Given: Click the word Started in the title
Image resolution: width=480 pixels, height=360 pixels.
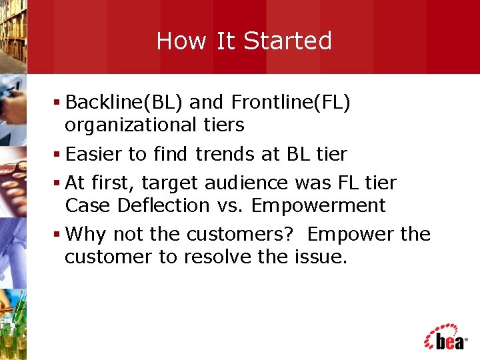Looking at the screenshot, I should pos(287,41).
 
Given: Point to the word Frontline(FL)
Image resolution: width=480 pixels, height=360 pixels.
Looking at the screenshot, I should pos(291,103).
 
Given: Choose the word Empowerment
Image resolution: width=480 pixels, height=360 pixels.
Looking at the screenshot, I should pos(318,205).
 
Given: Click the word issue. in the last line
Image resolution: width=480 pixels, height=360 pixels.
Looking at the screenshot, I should pos(321,257).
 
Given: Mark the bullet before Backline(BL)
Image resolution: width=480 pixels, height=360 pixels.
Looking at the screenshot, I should pos(58,103).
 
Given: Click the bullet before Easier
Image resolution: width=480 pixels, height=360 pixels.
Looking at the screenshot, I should pos(58,155).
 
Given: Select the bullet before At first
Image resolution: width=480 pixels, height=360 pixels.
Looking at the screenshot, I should pos(58,183).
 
